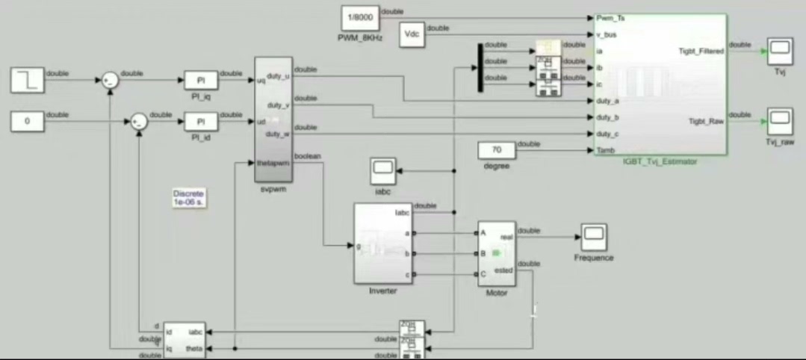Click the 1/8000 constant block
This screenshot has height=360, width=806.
(x=359, y=17)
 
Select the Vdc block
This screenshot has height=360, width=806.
(x=412, y=34)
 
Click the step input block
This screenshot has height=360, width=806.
(x=28, y=79)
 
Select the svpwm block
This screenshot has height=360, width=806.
(x=273, y=118)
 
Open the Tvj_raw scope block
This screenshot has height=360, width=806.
(x=781, y=120)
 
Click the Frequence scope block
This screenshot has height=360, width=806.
(x=593, y=237)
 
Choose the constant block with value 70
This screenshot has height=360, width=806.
(x=496, y=150)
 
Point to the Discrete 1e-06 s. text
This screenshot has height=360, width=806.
(x=188, y=197)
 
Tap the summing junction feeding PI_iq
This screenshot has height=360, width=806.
(x=110, y=80)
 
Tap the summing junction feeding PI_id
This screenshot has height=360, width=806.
(x=139, y=122)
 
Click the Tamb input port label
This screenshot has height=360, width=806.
(x=606, y=150)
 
